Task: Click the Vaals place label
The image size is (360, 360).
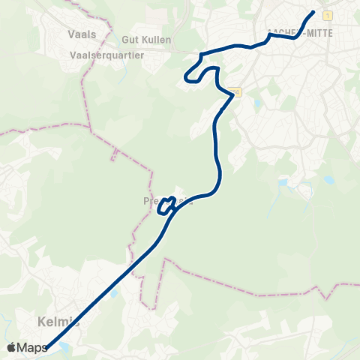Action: click(82, 34)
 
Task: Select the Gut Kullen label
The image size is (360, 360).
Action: click(147, 39)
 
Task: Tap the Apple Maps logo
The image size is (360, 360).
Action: click(27, 347)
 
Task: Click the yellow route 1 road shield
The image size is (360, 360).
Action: click(328, 15)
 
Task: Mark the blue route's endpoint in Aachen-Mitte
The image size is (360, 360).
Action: click(313, 11)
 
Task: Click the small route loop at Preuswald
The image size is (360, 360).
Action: click(166, 204)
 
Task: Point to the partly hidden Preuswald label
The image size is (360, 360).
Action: click(161, 201)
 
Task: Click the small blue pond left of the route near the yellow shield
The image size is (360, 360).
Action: click(257, 103)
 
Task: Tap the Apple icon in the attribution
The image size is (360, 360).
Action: click(11, 347)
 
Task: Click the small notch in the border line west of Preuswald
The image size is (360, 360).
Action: click(114, 155)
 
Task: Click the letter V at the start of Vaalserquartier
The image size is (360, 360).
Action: click(72, 54)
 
